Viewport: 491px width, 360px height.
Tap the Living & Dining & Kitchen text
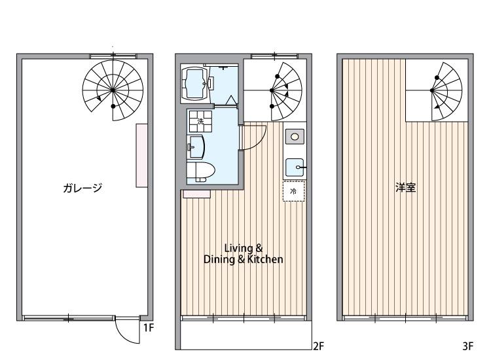(244, 254)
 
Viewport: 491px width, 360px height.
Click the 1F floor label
(149, 328)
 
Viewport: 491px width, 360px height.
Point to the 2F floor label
(319, 347)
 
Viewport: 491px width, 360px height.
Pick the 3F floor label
(467, 347)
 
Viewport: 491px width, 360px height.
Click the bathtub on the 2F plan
(194, 83)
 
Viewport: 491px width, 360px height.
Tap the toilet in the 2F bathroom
(200, 171)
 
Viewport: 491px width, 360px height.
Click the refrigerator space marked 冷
(293, 191)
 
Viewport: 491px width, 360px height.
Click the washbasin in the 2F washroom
(196, 145)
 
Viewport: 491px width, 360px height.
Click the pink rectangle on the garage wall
(141, 155)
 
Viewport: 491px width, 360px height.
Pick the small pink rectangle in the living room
(196, 193)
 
